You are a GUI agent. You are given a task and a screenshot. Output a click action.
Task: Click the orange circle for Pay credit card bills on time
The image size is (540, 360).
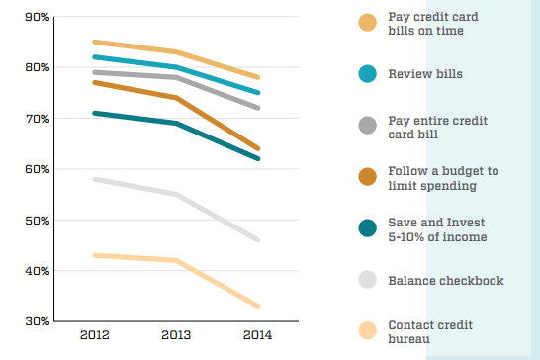[367, 23]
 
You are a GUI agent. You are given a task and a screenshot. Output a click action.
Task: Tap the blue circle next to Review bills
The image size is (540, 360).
[367, 73]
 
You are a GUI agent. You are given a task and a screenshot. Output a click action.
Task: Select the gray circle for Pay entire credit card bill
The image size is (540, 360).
[367, 125]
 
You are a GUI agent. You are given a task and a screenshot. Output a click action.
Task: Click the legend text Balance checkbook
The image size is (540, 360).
[445, 281]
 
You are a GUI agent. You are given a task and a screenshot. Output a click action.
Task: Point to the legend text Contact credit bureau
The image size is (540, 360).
[430, 331]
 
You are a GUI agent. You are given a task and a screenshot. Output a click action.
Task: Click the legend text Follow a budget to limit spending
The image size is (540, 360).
[443, 178]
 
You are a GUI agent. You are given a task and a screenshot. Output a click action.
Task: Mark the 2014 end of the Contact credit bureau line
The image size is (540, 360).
[259, 306]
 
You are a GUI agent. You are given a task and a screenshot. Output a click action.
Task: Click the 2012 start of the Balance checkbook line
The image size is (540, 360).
[93, 179]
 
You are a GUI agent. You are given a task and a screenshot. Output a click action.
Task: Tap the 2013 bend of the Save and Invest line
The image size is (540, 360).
[176, 123]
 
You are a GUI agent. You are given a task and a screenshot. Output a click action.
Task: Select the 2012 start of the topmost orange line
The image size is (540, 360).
[93, 42]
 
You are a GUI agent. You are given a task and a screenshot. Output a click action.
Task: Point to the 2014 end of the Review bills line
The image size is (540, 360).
[259, 92]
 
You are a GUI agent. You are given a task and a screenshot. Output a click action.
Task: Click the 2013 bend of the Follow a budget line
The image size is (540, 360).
[176, 98]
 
